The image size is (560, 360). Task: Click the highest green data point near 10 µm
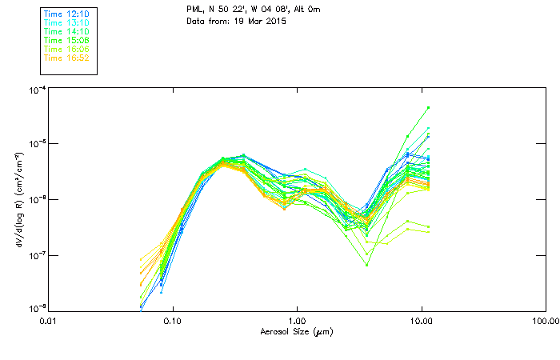pyautogui.click(x=429, y=107)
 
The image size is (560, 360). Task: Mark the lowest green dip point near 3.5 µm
pyautogui.click(x=366, y=264)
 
